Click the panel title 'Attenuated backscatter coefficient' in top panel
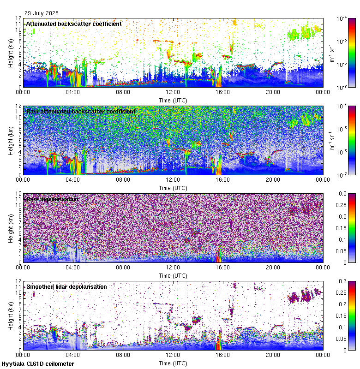[74, 24]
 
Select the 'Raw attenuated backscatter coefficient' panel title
[81, 111]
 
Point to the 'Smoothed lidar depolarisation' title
[66, 286]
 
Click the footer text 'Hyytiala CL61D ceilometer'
[38, 364]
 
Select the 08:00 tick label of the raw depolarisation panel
[123, 268]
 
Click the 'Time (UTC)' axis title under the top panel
[173, 100]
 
